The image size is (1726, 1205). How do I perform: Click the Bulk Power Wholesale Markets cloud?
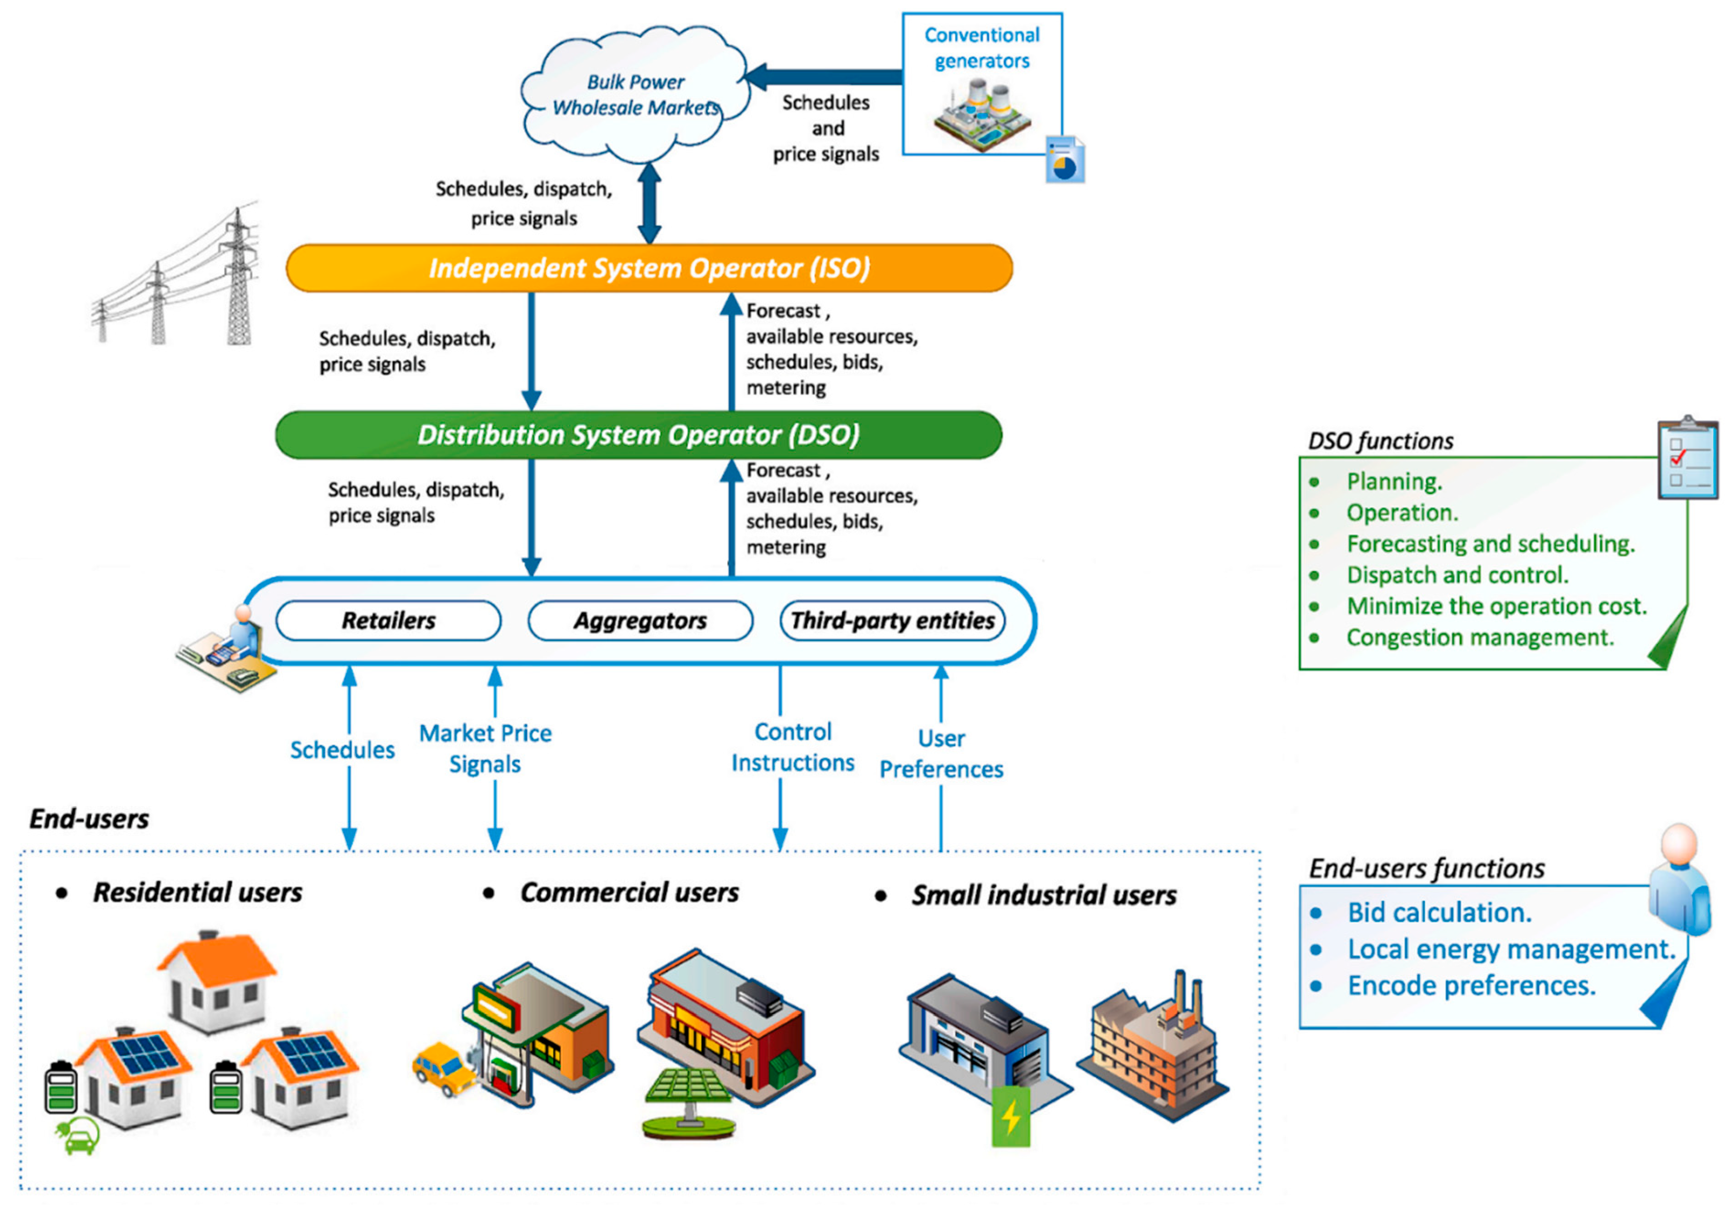[x=635, y=94]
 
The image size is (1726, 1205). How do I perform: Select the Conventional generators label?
[x=982, y=48]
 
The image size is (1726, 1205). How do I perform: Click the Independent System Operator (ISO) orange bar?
[x=649, y=268]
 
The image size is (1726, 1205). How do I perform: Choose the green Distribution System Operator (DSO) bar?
[x=638, y=435]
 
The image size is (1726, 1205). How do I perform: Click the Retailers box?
[x=388, y=620]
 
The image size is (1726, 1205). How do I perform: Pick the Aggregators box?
[x=640, y=620]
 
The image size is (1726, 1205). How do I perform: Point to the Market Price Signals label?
[x=485, y=748]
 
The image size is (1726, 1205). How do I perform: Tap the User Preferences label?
[x=941, y=754]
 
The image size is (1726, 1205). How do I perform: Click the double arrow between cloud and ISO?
[x=649, y=203]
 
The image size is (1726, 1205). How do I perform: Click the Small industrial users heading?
[x=1044, y=895]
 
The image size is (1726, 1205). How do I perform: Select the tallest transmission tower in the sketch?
[x=239, y=278]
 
